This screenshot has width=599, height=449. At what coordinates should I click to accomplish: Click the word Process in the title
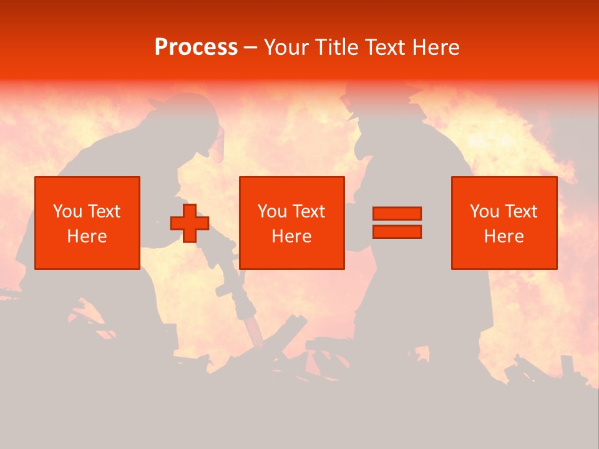[x=196, y=47]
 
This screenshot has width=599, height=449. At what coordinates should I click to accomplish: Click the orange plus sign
[x=190, y=223]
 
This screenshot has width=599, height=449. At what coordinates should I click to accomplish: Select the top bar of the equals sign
[x=397, y=214]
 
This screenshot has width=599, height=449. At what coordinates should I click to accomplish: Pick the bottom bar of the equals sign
[x=397, y=231]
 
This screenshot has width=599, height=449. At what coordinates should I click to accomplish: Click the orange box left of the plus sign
[x=87, y=223]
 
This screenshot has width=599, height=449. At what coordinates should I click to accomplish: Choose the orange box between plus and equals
[x=292, y=223]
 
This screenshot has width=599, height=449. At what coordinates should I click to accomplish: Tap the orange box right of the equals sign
[x=504, y=223]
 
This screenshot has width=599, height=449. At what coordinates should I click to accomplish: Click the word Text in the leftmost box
[x=104, y=211]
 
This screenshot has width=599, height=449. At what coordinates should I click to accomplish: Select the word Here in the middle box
[x=292, y=236]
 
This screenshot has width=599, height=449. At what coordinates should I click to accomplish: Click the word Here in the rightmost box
[x=504, y=236]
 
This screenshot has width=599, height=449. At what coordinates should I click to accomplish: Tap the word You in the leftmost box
[x=67, y=211]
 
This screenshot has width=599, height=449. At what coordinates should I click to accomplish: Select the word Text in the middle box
[x=309, y=211]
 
